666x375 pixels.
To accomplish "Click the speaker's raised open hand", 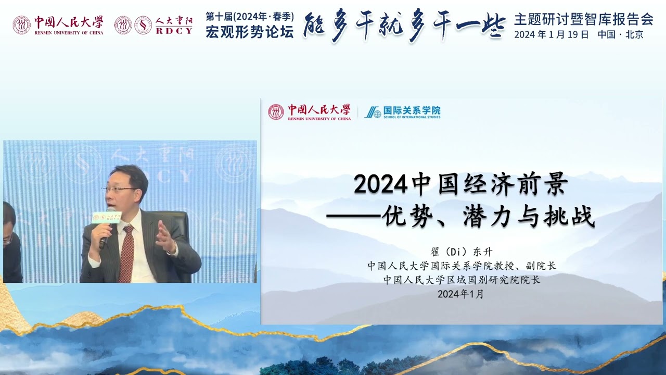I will [x=166, y=238].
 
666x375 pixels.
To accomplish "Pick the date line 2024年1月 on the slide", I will [x=461, y=294].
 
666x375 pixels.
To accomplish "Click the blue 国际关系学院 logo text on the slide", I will [x=412, y=111].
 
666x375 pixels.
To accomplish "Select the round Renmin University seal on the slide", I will [x=276, y=112].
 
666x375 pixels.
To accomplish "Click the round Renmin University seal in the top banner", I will [x=21, y=24].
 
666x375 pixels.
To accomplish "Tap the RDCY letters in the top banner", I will [x=174, y=31].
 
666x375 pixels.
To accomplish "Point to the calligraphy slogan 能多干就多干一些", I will [x=404, y=25].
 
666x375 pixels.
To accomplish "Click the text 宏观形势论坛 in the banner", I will [x=250, y=32].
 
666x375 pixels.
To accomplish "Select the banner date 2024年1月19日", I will [x=552, y=35].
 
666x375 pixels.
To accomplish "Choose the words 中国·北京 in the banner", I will [x=621, y=35].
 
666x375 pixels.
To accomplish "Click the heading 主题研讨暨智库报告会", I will [x=583, y=19].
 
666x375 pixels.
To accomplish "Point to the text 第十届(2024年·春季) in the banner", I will [x=250, y=16].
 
